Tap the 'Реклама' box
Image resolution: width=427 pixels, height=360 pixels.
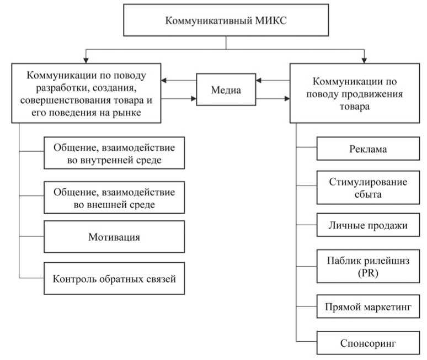point(368,149)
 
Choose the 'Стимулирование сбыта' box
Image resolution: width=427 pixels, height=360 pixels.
point(368,188)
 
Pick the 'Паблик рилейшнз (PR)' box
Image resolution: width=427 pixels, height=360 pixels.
point(368,266)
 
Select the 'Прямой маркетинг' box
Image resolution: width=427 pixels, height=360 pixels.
point(368,305)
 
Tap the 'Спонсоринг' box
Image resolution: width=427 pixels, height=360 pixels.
point(368,343)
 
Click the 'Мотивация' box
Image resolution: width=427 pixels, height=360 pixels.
point(114,237)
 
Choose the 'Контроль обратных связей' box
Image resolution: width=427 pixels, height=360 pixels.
point(114,278)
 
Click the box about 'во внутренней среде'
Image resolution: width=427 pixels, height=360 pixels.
point(114,154)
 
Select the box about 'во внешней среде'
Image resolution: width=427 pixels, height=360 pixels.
point(114,198)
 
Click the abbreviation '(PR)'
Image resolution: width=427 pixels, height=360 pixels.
point(368,273)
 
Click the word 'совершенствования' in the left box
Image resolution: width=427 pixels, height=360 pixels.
point(60,101)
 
